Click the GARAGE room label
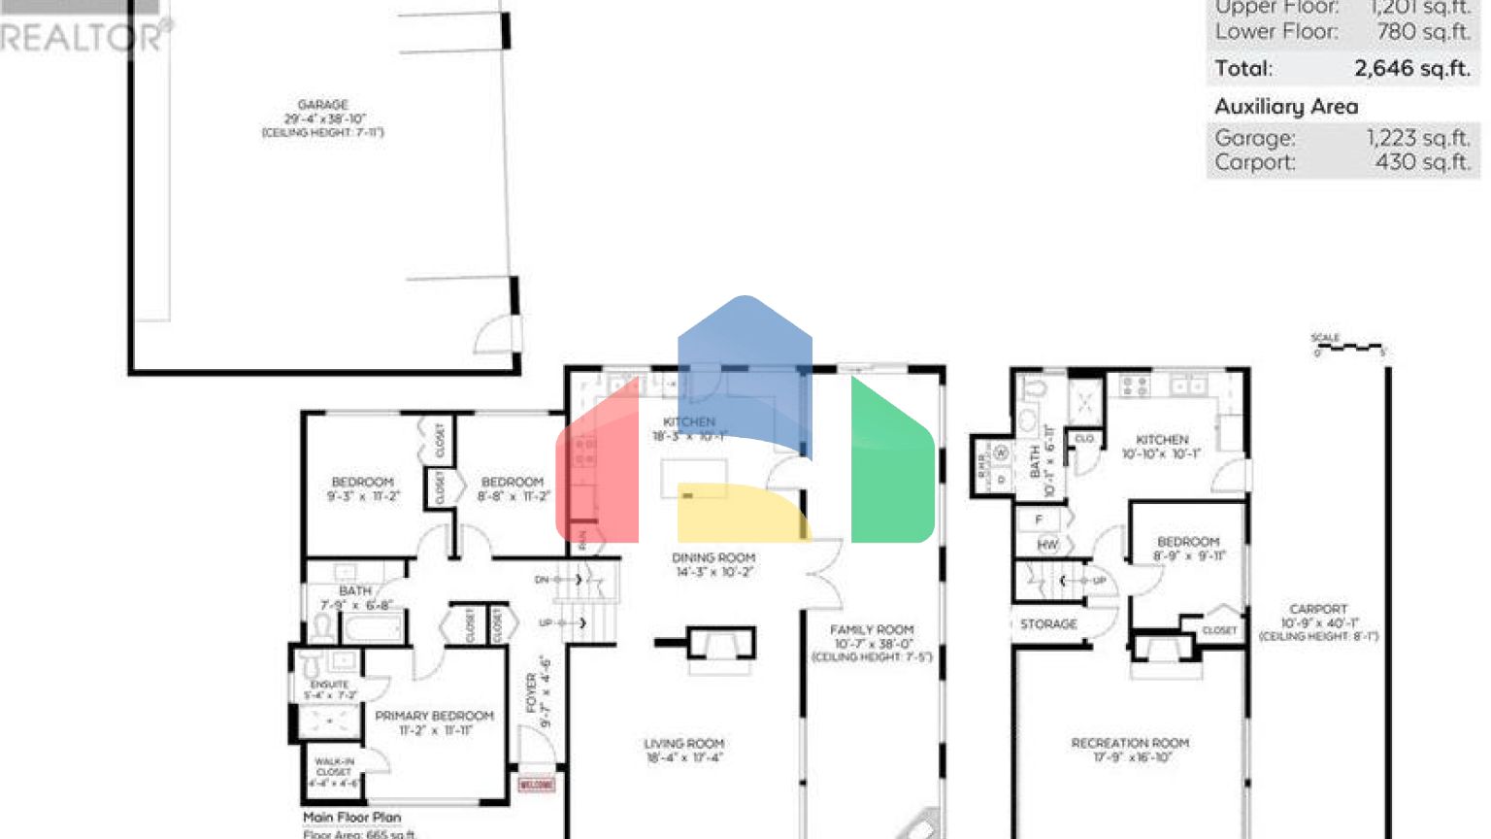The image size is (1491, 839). pyautogui.click(x=323, y=105)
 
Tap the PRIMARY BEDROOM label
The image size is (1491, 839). pyautogui.click(x=434, y=716)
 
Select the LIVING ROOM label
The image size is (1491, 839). pyautogui.click(x=683, y=744)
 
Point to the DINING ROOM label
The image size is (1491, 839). pyautogui.click(x=713, y=558)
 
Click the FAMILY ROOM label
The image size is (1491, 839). pyautogui.click(x=872, y=630)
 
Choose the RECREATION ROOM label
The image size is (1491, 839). pyautogui.click(x=1130, y=743)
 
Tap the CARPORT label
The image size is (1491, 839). pyautogui.click(x=1318, y=609)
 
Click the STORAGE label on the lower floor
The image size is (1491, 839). pyautogui.click(x=1048, y=624)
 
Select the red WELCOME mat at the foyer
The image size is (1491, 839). pyautogui.click(x=537, y=784)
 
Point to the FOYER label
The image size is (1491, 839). pyautogui.click(x=532, y=693)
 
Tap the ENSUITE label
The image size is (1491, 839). pyautogui.click(x=330, y=685)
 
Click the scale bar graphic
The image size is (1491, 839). pyautogui.click(x=1348, y=346)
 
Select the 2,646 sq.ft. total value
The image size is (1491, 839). pyautogui.click(x=1411, y=69)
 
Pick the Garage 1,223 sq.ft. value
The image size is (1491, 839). pyautogui.click(x=1417, y=139)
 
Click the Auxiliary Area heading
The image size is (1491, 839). pyautogui.click(x=1286, y=107)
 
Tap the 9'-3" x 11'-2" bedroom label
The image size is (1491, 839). pyautogui.click(x=363, y=489)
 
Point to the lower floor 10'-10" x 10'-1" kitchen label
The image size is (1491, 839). pyautogui.click(x=1162, y=447)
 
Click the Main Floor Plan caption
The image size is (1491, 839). pyautogui.click(x=351, y=818)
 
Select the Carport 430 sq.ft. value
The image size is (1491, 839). pyautogui.click(x=1422, y=162)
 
